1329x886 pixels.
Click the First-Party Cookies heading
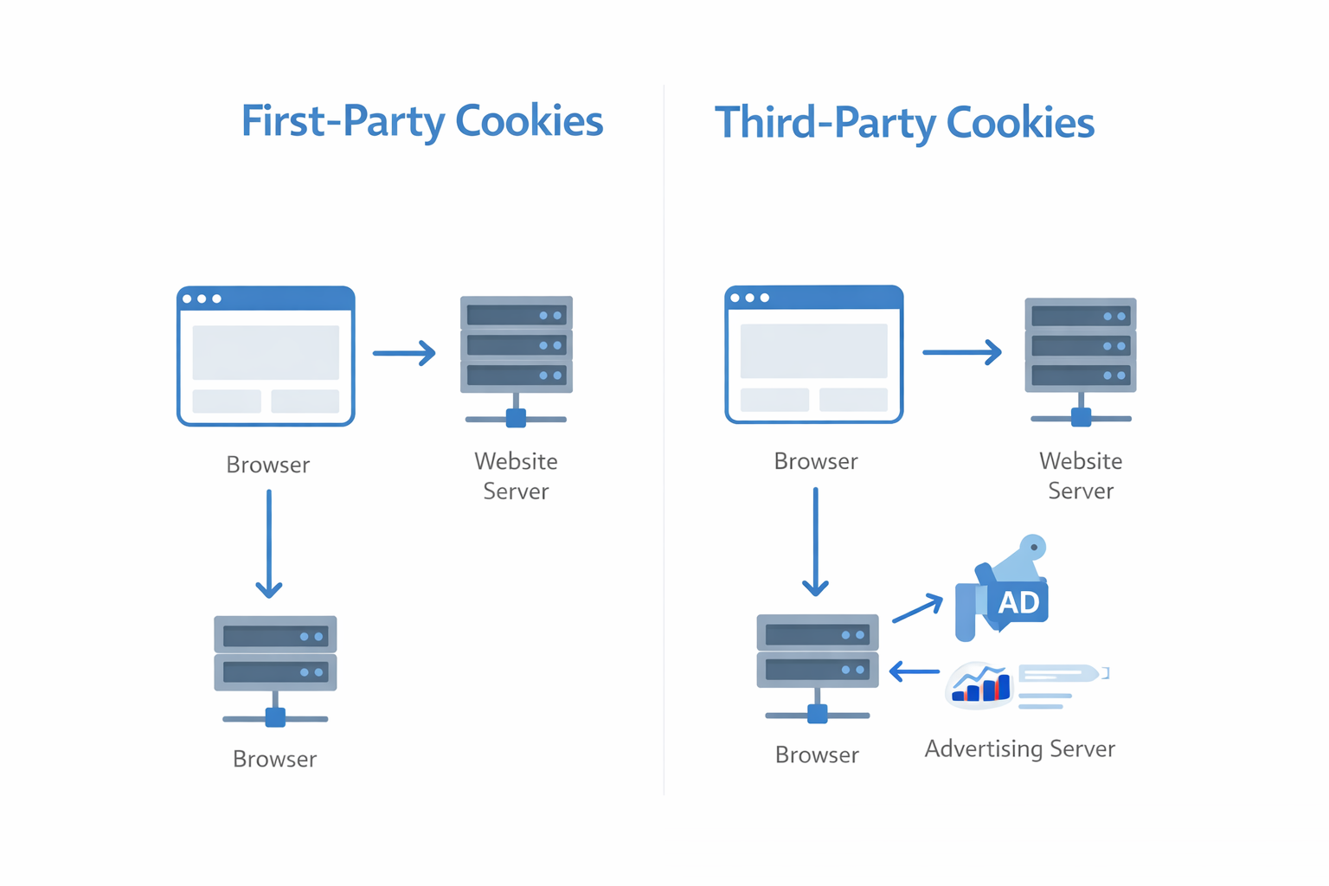[x=421, y=121]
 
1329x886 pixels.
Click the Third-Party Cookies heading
[x=904, y=123]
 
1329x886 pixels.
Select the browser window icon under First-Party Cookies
[x=266, y=356]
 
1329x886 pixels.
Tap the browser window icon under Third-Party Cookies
[x=813, y=355]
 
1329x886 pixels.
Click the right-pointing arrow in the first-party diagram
[x=404, y=353]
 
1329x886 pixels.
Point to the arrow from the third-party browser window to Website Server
[x=961, y=352]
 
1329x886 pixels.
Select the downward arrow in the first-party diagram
[x=269, y=545]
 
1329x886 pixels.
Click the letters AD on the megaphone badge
[x=1018, y=602]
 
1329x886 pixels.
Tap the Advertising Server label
[x=1019, y=748]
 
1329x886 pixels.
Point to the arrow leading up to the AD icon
[x=917, y=608]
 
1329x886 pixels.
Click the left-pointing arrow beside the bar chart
[x=915, y=671]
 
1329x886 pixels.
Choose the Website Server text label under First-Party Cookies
[x=516, y=476]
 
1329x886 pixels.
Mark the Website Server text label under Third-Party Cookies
[x=1080, y=476]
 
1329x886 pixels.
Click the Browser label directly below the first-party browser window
[x=267, y=465]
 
